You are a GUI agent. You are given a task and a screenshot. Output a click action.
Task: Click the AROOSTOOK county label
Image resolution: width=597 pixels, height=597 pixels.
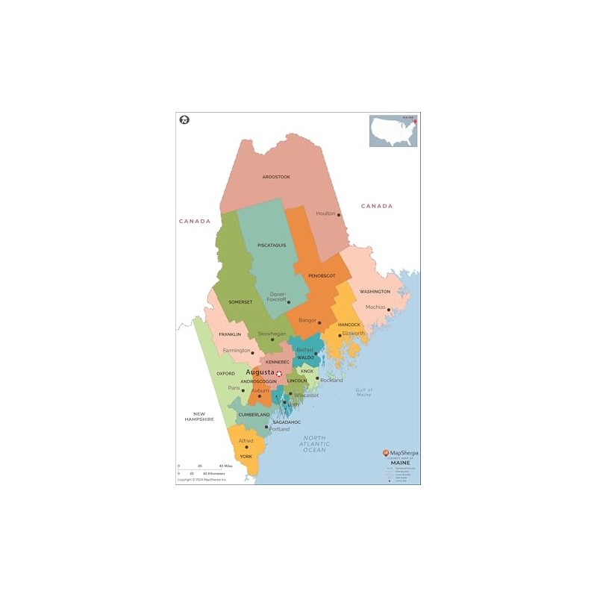coord(276,177)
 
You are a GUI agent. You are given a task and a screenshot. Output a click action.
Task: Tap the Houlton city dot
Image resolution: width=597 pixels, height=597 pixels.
coord(339,215)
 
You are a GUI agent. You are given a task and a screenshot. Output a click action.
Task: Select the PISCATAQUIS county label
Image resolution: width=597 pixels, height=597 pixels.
coord(272,245)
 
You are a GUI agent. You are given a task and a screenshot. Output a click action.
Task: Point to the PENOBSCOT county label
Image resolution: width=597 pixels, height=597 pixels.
coord(322,275)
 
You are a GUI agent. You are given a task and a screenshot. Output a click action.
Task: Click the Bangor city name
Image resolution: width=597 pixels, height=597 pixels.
coord(307,320)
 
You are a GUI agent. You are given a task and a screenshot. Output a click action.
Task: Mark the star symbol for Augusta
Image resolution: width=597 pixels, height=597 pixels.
coord(279,373)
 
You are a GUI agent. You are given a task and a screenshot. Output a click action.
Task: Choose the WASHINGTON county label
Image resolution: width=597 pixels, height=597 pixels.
coord(375,291)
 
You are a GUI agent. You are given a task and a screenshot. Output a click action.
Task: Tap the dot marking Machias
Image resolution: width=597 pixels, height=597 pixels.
coord(388,310)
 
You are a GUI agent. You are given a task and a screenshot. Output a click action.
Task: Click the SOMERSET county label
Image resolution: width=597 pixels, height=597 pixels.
coord(240,302)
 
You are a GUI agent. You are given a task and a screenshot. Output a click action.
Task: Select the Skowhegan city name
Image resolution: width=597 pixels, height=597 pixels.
coord(272,334)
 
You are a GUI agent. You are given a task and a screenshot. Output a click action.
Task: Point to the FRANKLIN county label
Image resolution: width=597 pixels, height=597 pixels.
coord(230,334)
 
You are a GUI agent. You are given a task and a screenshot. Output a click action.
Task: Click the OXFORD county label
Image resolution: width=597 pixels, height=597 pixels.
coord(225,373)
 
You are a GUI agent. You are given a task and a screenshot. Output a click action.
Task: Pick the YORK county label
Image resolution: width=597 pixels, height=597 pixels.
coord(246,456)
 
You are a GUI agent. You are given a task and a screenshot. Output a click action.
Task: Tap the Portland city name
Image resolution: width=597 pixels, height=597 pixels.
coord(280,429)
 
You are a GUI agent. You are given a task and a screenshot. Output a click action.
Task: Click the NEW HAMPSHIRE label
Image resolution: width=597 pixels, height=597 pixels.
coord(199,416)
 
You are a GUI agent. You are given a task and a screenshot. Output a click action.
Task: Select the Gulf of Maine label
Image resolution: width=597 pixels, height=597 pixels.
coord(363,392)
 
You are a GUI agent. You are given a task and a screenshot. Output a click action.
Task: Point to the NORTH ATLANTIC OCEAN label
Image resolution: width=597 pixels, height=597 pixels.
coord(315,443)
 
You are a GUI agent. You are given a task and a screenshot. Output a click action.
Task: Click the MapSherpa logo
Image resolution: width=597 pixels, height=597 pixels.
coord(399,453)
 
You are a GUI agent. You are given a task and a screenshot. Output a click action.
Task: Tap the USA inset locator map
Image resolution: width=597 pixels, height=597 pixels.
coord(393,131)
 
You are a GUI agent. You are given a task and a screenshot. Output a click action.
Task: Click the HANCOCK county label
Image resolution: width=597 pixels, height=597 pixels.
coord(349,325)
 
